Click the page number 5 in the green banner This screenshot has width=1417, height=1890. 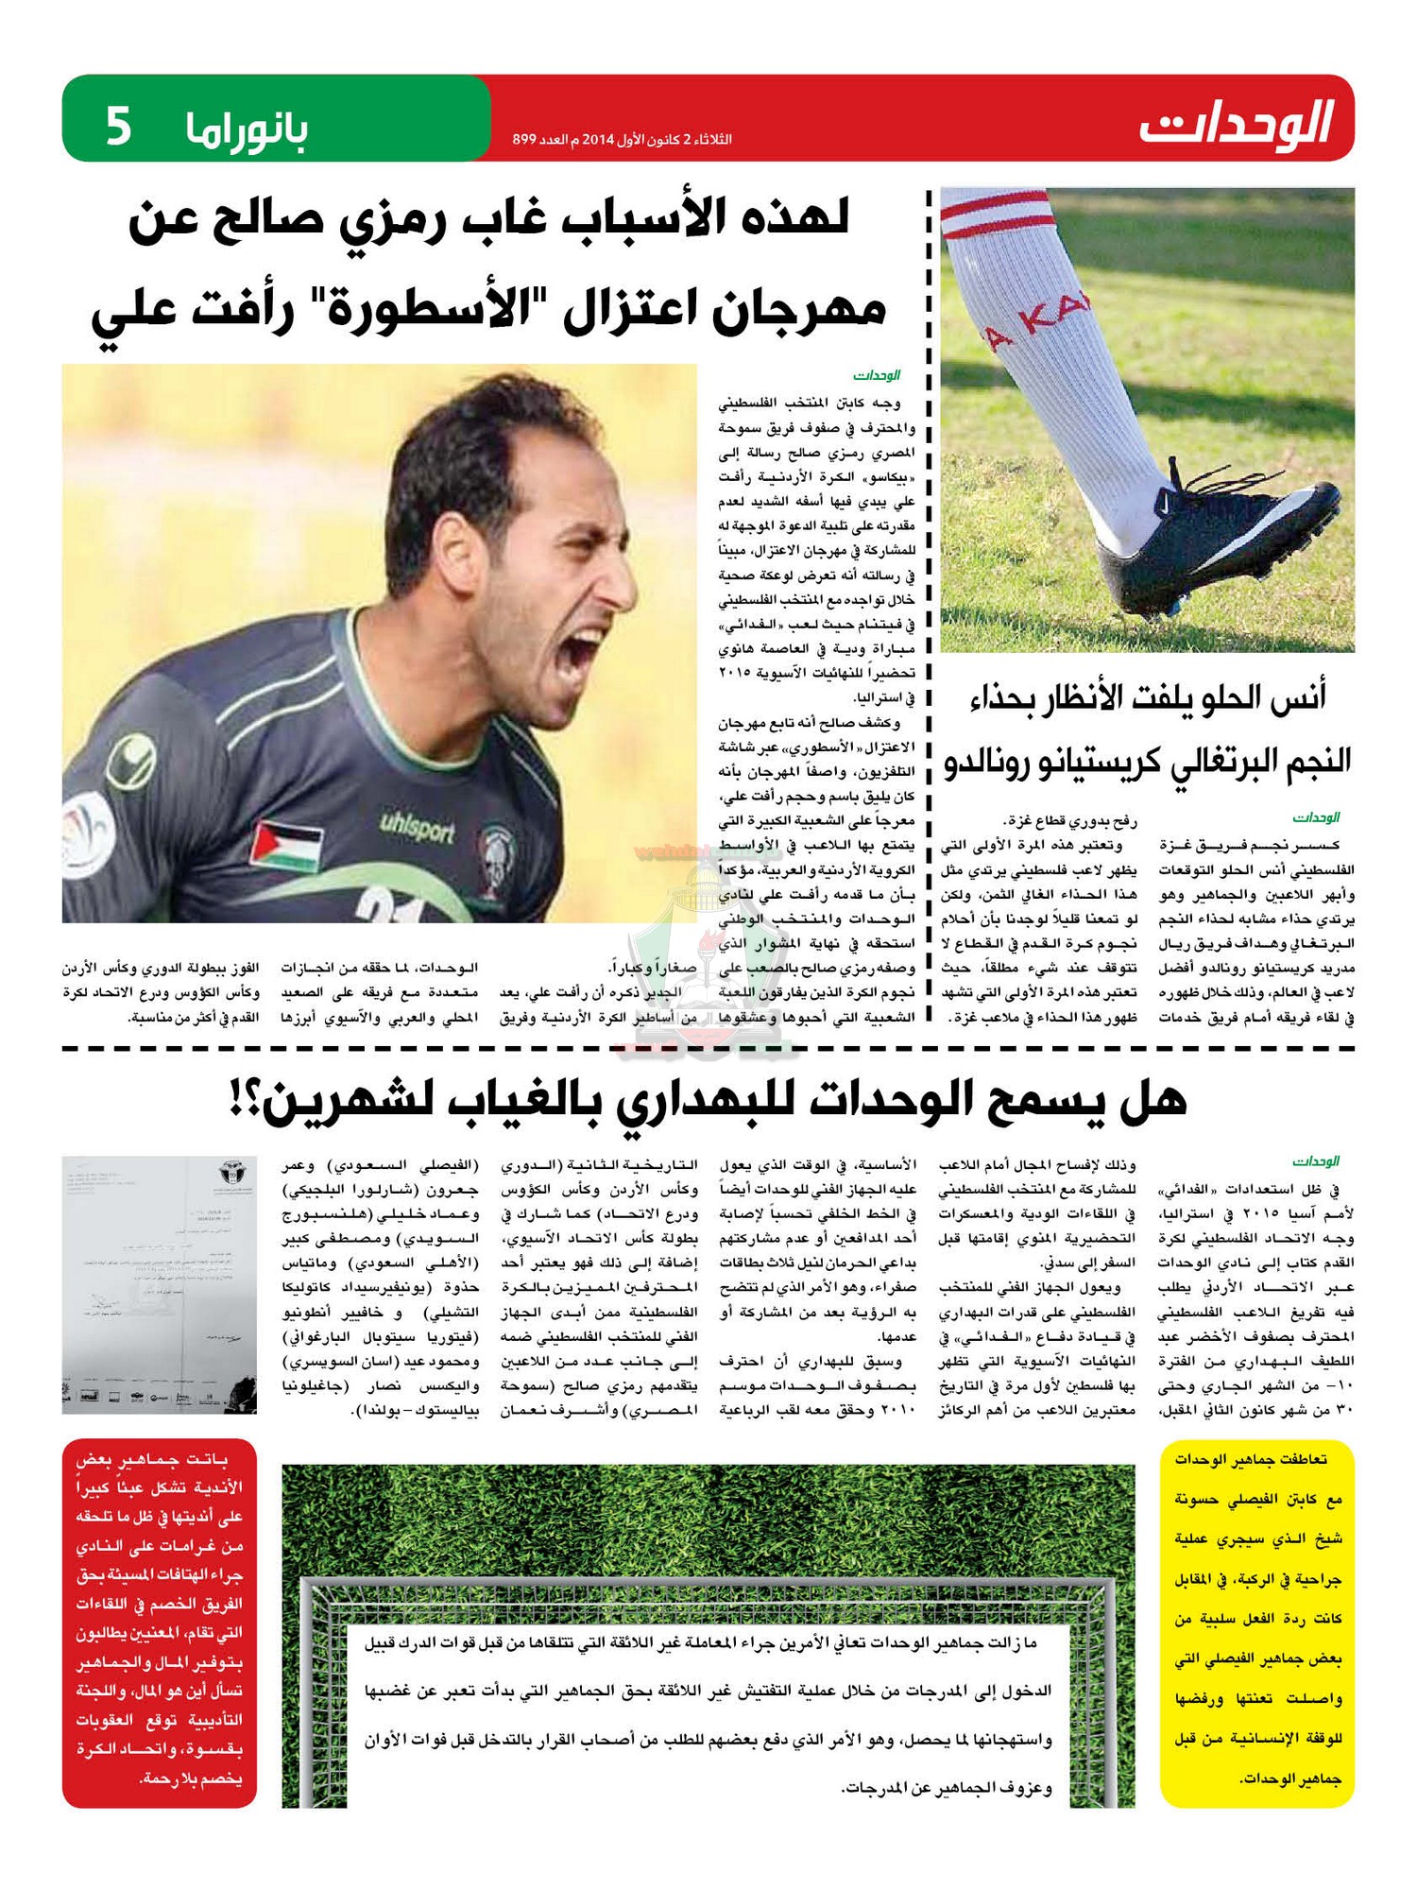[117, 127]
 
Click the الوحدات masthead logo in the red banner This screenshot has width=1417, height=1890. [1237, 124]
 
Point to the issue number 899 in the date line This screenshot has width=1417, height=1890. [524, 140]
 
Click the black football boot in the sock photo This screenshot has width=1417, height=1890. [1219, 529]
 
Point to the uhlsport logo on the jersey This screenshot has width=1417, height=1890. [417, 829]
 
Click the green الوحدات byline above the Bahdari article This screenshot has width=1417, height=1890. [1316, 1160]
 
